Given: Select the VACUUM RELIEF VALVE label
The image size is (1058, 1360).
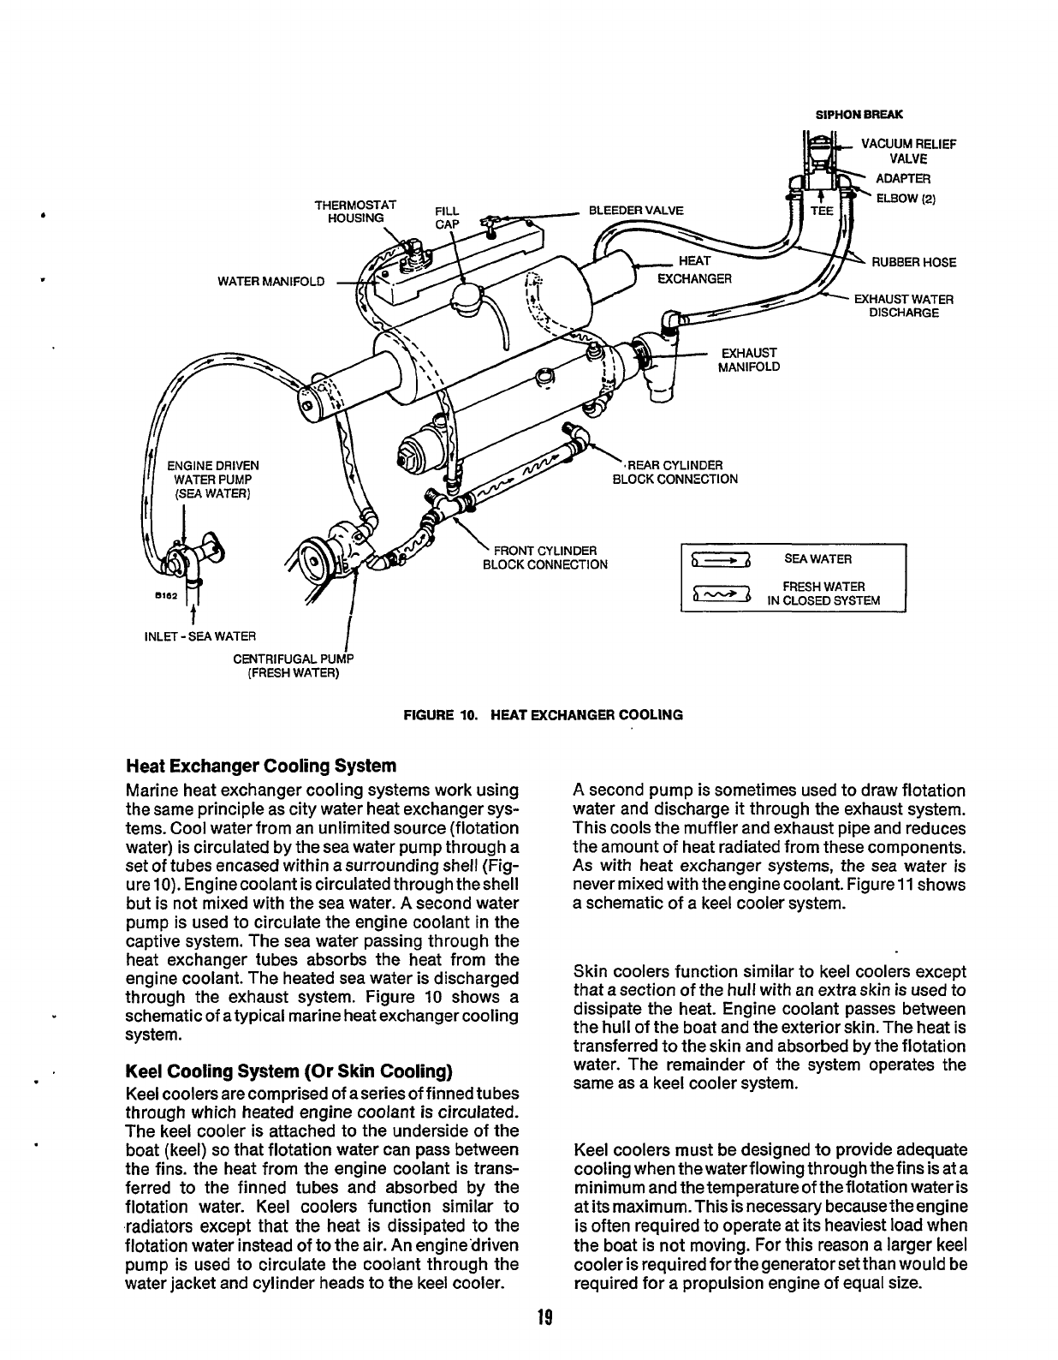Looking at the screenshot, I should [x=907, y=152].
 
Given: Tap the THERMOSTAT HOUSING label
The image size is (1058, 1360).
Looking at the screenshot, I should [x=355, y=212].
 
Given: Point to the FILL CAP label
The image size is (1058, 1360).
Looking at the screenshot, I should [x=448, y=218].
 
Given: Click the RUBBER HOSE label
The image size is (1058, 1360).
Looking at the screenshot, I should [x=913, y=262].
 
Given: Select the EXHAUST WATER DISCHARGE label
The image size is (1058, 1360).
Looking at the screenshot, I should [x=903, y=306].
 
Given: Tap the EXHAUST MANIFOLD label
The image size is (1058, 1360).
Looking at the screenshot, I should [x=751, y=360].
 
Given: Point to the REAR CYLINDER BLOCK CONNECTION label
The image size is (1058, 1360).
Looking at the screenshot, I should [x=675, y=472].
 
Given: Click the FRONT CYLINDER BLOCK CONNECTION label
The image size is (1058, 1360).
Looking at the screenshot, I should [x=544, y=557].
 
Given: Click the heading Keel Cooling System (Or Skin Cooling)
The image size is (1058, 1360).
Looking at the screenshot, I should [x=288, y=1071].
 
